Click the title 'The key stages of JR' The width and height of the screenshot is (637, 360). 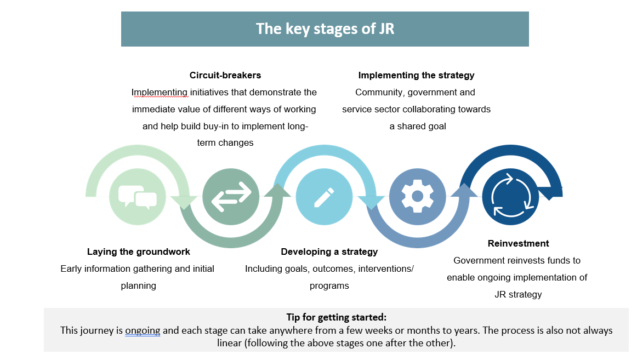point(325,28)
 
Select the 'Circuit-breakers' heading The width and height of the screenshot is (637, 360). point(225,75)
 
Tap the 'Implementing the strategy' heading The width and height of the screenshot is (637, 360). point(416,75)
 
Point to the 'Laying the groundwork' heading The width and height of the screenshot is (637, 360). point(139,252)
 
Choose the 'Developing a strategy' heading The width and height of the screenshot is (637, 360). point(329,252)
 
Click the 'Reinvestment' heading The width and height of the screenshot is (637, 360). point(518,243)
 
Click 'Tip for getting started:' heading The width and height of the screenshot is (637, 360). point(336,317)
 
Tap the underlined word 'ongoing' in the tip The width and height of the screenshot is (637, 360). point(143,330)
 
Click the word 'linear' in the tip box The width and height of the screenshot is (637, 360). point(229,344)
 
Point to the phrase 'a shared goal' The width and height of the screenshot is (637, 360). point(418,126)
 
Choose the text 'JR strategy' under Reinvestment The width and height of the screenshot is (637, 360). point(517,294)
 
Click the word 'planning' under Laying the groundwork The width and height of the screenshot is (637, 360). point(139,285)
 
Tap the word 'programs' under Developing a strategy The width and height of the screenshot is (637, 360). point(329,285)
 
